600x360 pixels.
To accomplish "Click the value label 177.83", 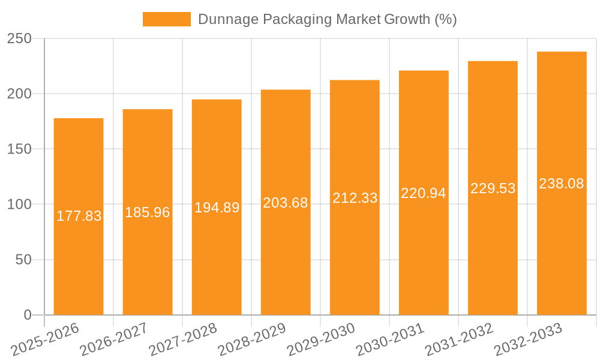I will tap(79, 216).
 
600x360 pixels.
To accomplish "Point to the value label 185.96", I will tap(148, 212).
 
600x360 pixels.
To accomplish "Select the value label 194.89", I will tap(217, 208).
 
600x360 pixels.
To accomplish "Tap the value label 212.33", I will tap(355, 198).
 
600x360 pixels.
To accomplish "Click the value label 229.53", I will tap(493, 188).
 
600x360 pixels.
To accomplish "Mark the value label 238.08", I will tap(562, 184).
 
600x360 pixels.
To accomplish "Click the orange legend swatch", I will tap(166, 19).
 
